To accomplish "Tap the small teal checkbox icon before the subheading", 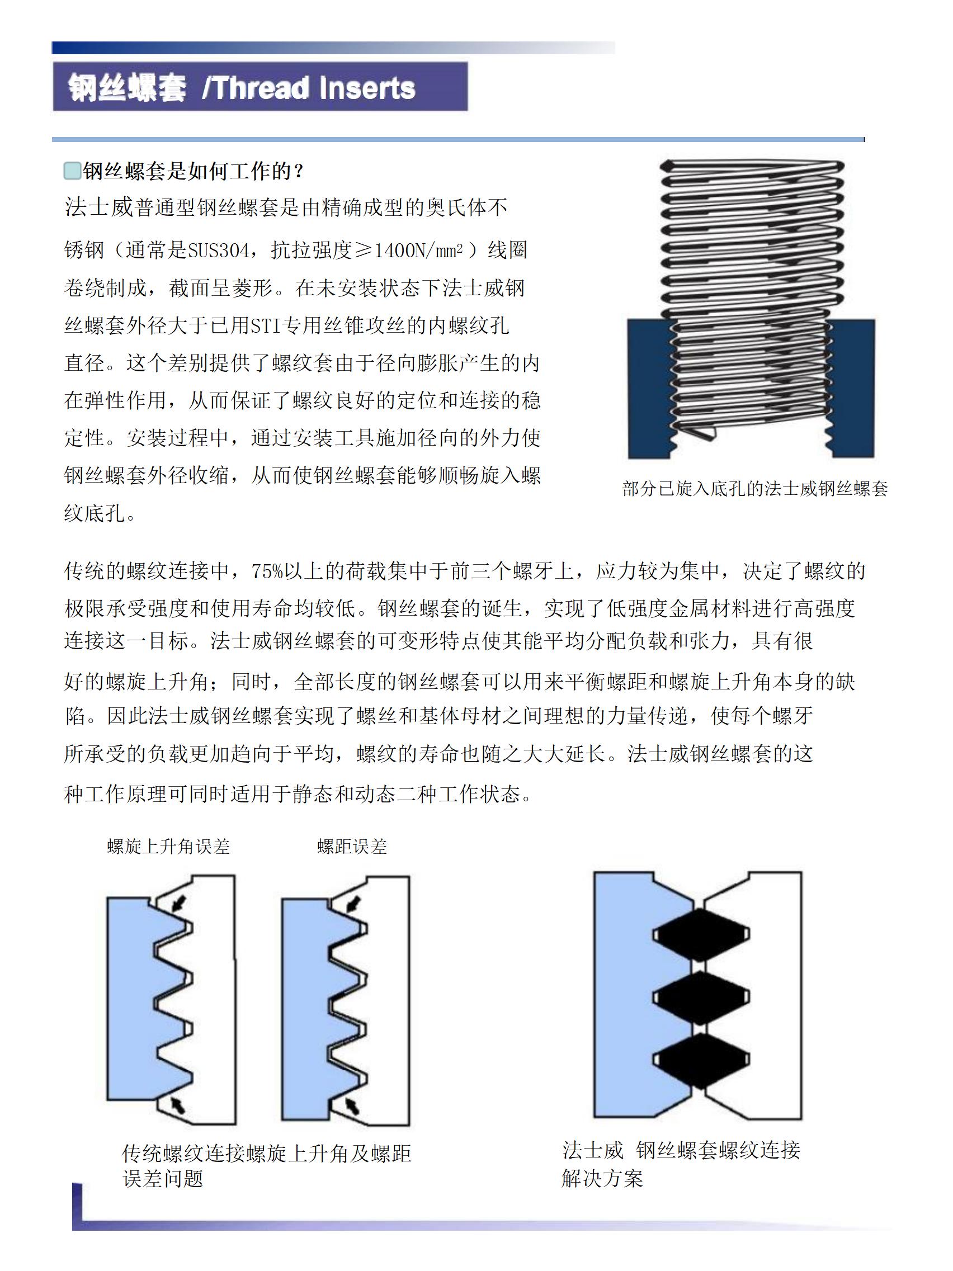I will pos(72,171).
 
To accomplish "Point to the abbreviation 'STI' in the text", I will pos(266,327).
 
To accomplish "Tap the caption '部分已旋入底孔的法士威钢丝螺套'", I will pos(754,489).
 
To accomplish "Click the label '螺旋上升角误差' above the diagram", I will pos(168,847).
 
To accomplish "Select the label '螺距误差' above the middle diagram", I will pos(352,847).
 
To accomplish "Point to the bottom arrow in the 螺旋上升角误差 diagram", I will pos(180,1103).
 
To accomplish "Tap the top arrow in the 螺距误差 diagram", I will pos(353,904).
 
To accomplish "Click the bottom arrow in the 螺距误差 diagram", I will pos(352,1104).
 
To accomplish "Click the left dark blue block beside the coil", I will pos(648,388).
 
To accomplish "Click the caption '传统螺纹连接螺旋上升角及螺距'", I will pos(266,1153).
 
